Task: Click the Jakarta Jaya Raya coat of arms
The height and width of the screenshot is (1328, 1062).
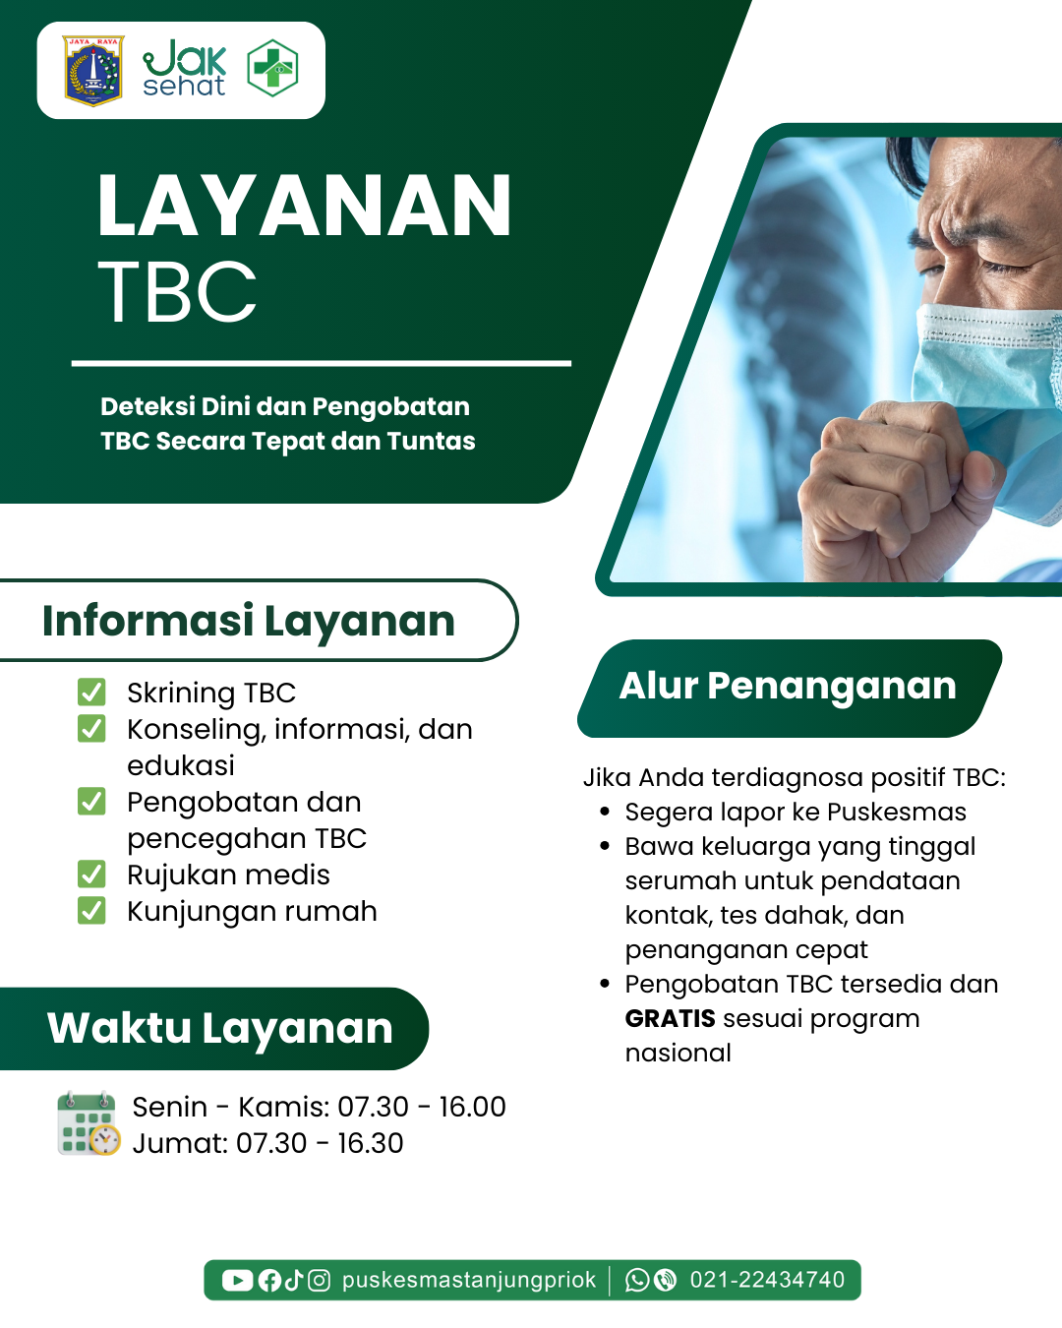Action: [x=93, y=71]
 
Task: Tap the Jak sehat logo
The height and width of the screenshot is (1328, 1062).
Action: [x=184, y=69]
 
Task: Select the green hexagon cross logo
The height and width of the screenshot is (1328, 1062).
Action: [x=272, y=68]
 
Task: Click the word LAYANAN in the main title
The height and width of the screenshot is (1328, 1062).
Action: [x=304, y=206]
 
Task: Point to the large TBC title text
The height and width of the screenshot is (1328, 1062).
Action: [x=176, y=291]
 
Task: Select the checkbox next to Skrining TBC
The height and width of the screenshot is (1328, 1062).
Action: [x=91, y=692]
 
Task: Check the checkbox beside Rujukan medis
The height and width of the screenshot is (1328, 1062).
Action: [x=91, y=874]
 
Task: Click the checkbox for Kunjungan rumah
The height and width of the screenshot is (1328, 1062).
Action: [x=91, y=910]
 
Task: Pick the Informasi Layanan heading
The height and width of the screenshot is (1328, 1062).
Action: [x=249, y=621]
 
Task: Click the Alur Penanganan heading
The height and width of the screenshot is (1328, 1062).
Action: [x=788, y=686]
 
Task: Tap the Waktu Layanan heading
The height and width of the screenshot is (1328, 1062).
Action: [x=219, y=1028]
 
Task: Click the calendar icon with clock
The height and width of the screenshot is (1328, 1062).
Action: [x=88, y=1122]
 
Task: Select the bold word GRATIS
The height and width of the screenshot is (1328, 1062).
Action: [x=671, y=1018]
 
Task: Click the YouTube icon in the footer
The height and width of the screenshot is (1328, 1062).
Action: [x=237, y=1280]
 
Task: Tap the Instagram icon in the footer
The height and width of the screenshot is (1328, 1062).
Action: [x=319, y=1280]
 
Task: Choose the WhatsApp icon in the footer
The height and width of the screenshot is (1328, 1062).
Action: [x=637, y=1280]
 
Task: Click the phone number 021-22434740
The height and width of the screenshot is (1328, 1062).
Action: [x=767, y=1280]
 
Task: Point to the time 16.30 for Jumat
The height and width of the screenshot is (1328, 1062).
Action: [x=371, y=1143]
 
